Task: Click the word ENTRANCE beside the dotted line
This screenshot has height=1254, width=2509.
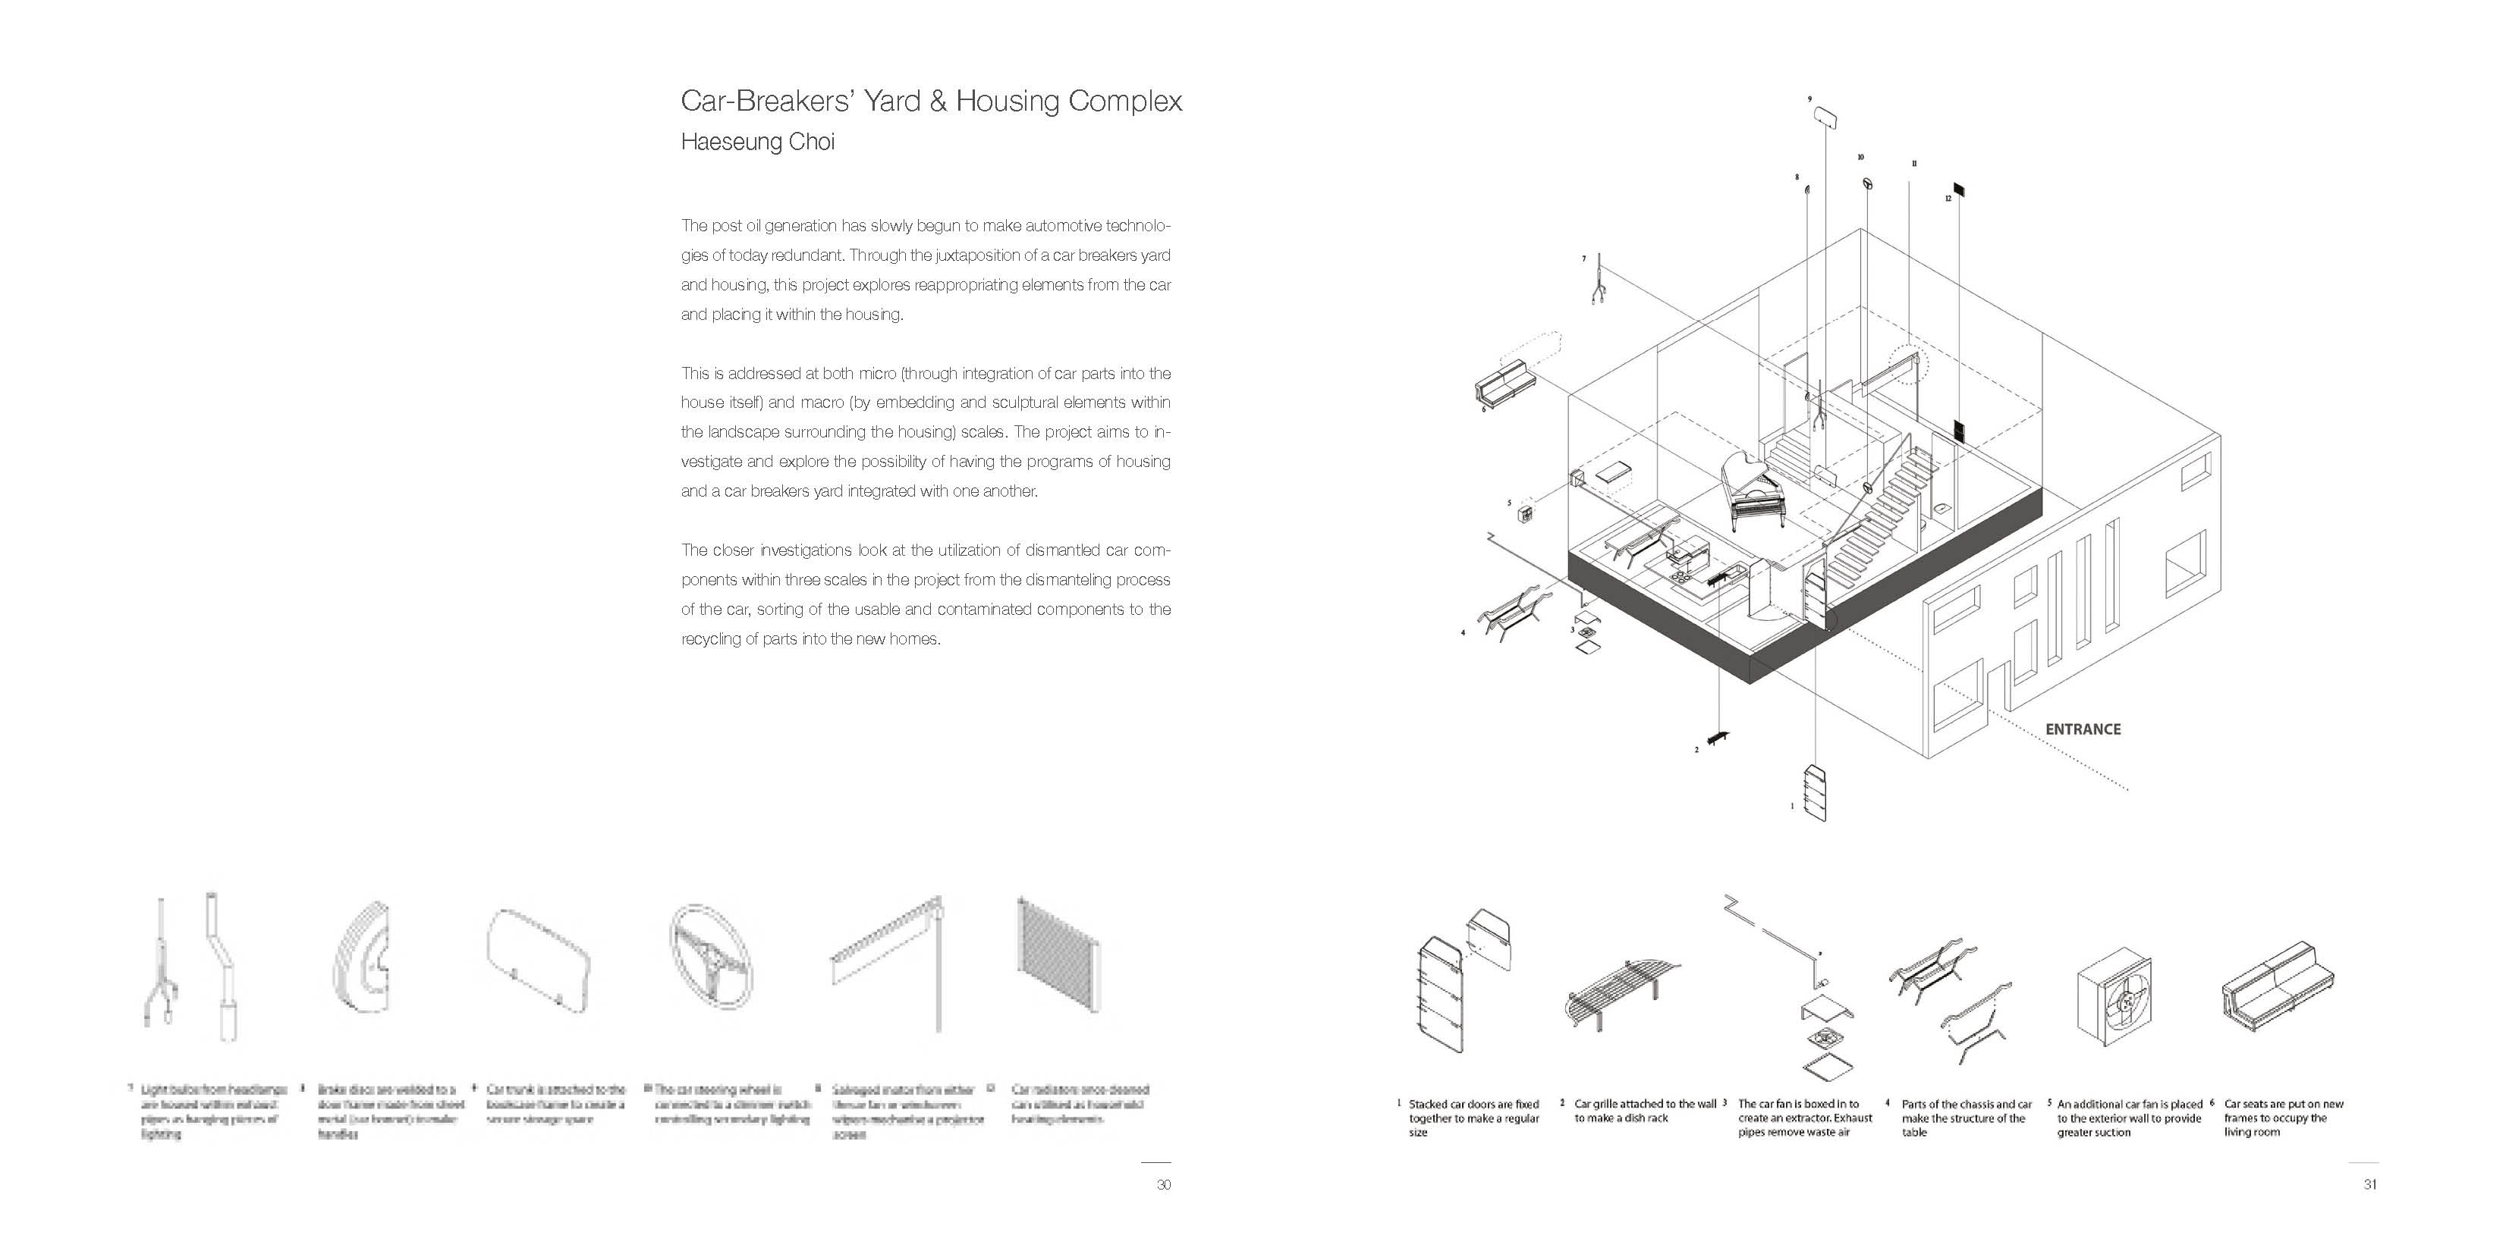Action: pyautogui.click(x=2083, y=729)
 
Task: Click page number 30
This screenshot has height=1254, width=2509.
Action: pyautogui.click(x=1163, y=1185)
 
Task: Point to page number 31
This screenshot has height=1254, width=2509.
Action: pyautogui.click(x=2369, y=1185)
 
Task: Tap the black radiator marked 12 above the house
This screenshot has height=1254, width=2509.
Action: pyautogui.click(x=1957, y=189)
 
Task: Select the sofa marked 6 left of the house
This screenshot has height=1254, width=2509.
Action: pyautogui.click(x=1504, y=386)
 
